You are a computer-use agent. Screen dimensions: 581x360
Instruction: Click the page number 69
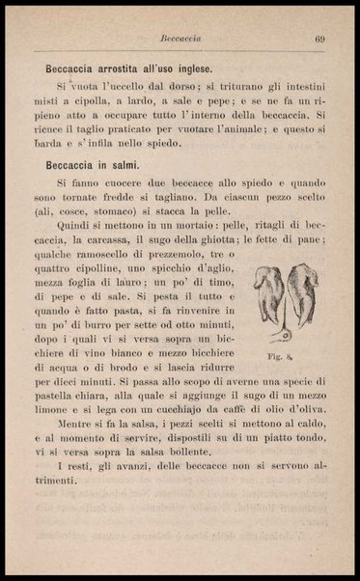click(x=318, y=39)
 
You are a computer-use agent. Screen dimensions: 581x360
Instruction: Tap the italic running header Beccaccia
click(x=180, y=39)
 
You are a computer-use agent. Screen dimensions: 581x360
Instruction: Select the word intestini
click(x=295, y=86)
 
